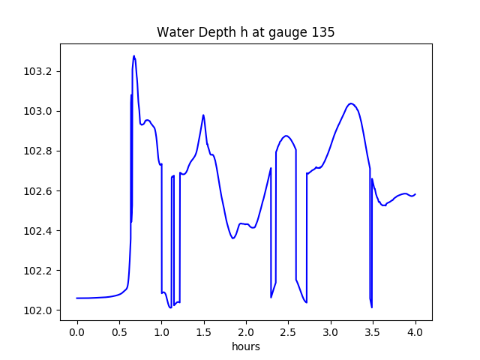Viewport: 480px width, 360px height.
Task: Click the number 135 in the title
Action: click(x=324, y=33)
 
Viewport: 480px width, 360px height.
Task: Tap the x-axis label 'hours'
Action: click(x=245, y=346)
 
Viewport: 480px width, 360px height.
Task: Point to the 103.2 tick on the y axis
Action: click(x=39, y=72)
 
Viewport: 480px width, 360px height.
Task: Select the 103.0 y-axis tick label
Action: click(x=39, y=112)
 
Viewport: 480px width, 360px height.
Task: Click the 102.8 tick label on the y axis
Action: click(x=39, y=151)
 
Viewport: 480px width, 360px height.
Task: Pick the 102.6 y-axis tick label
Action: click(x=39, y=191)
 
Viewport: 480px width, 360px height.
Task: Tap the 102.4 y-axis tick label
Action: click(x=39, y=231)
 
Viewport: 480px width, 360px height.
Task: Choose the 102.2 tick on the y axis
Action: click(x=39, y=271)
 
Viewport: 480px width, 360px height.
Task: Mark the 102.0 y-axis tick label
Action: click(x=39, y=310)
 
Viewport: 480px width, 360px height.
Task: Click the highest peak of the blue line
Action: click(x=134, y=55)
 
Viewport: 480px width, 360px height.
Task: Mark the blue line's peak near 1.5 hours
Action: click(x=203, y=115)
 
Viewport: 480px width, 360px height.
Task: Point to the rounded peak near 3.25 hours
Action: click(x=351, y=103)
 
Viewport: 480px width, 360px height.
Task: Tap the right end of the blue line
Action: click(x=415, y=194)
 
